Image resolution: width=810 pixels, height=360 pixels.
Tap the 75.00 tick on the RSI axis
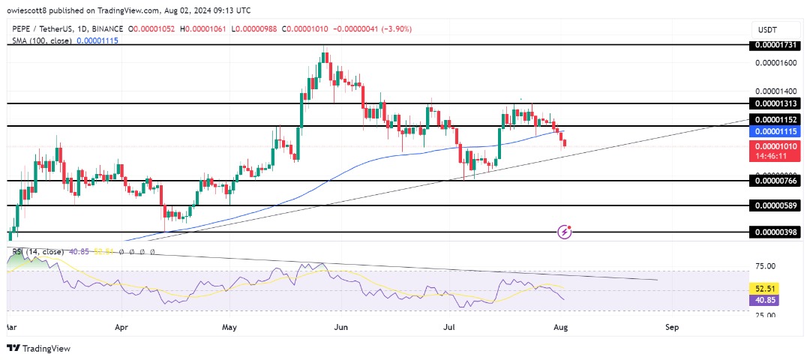765,265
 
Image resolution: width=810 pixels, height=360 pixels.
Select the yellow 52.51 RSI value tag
765,287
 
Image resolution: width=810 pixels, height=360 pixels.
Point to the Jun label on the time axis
341,327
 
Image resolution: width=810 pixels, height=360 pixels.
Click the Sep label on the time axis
672,327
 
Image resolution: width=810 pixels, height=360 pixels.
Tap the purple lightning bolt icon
565,232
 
